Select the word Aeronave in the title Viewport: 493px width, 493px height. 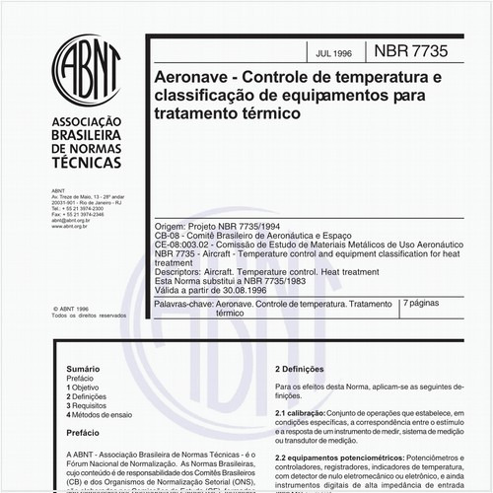click(194, 75)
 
